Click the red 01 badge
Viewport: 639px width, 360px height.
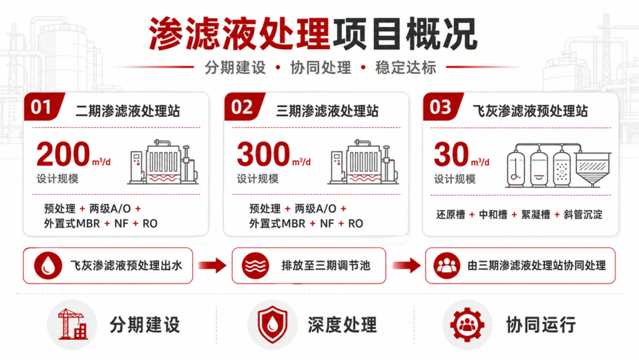coord(44,107)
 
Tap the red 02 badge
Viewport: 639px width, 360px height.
coord(244,107)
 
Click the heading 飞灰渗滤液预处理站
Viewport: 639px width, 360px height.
coord(530,111)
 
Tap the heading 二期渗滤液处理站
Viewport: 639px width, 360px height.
coord(128,111)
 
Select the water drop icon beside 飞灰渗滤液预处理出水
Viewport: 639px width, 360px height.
coord(48,265)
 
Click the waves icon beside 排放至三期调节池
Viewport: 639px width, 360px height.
coord(256,265)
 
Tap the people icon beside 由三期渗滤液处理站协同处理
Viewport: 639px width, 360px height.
coord(447,265)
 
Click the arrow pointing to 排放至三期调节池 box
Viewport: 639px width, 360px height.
coord(212,265)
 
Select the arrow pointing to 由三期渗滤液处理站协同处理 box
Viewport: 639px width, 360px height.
coord(406,265)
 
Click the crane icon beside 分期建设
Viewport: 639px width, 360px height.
coord(72,324)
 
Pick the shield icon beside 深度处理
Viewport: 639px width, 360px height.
coord(272,324)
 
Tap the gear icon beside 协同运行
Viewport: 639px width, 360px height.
coord(467,324)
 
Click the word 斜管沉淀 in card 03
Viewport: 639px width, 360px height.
coord(583,214)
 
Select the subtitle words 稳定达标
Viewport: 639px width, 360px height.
coord(405,67)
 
